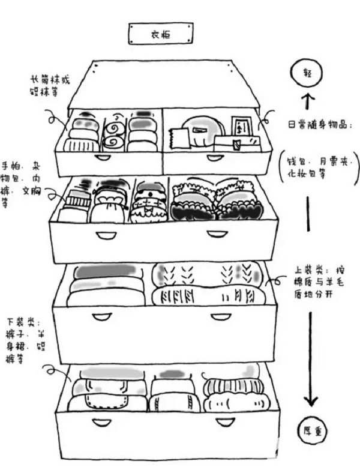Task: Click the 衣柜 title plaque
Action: (x=161, y=34)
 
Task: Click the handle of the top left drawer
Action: (x=103, y=157)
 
